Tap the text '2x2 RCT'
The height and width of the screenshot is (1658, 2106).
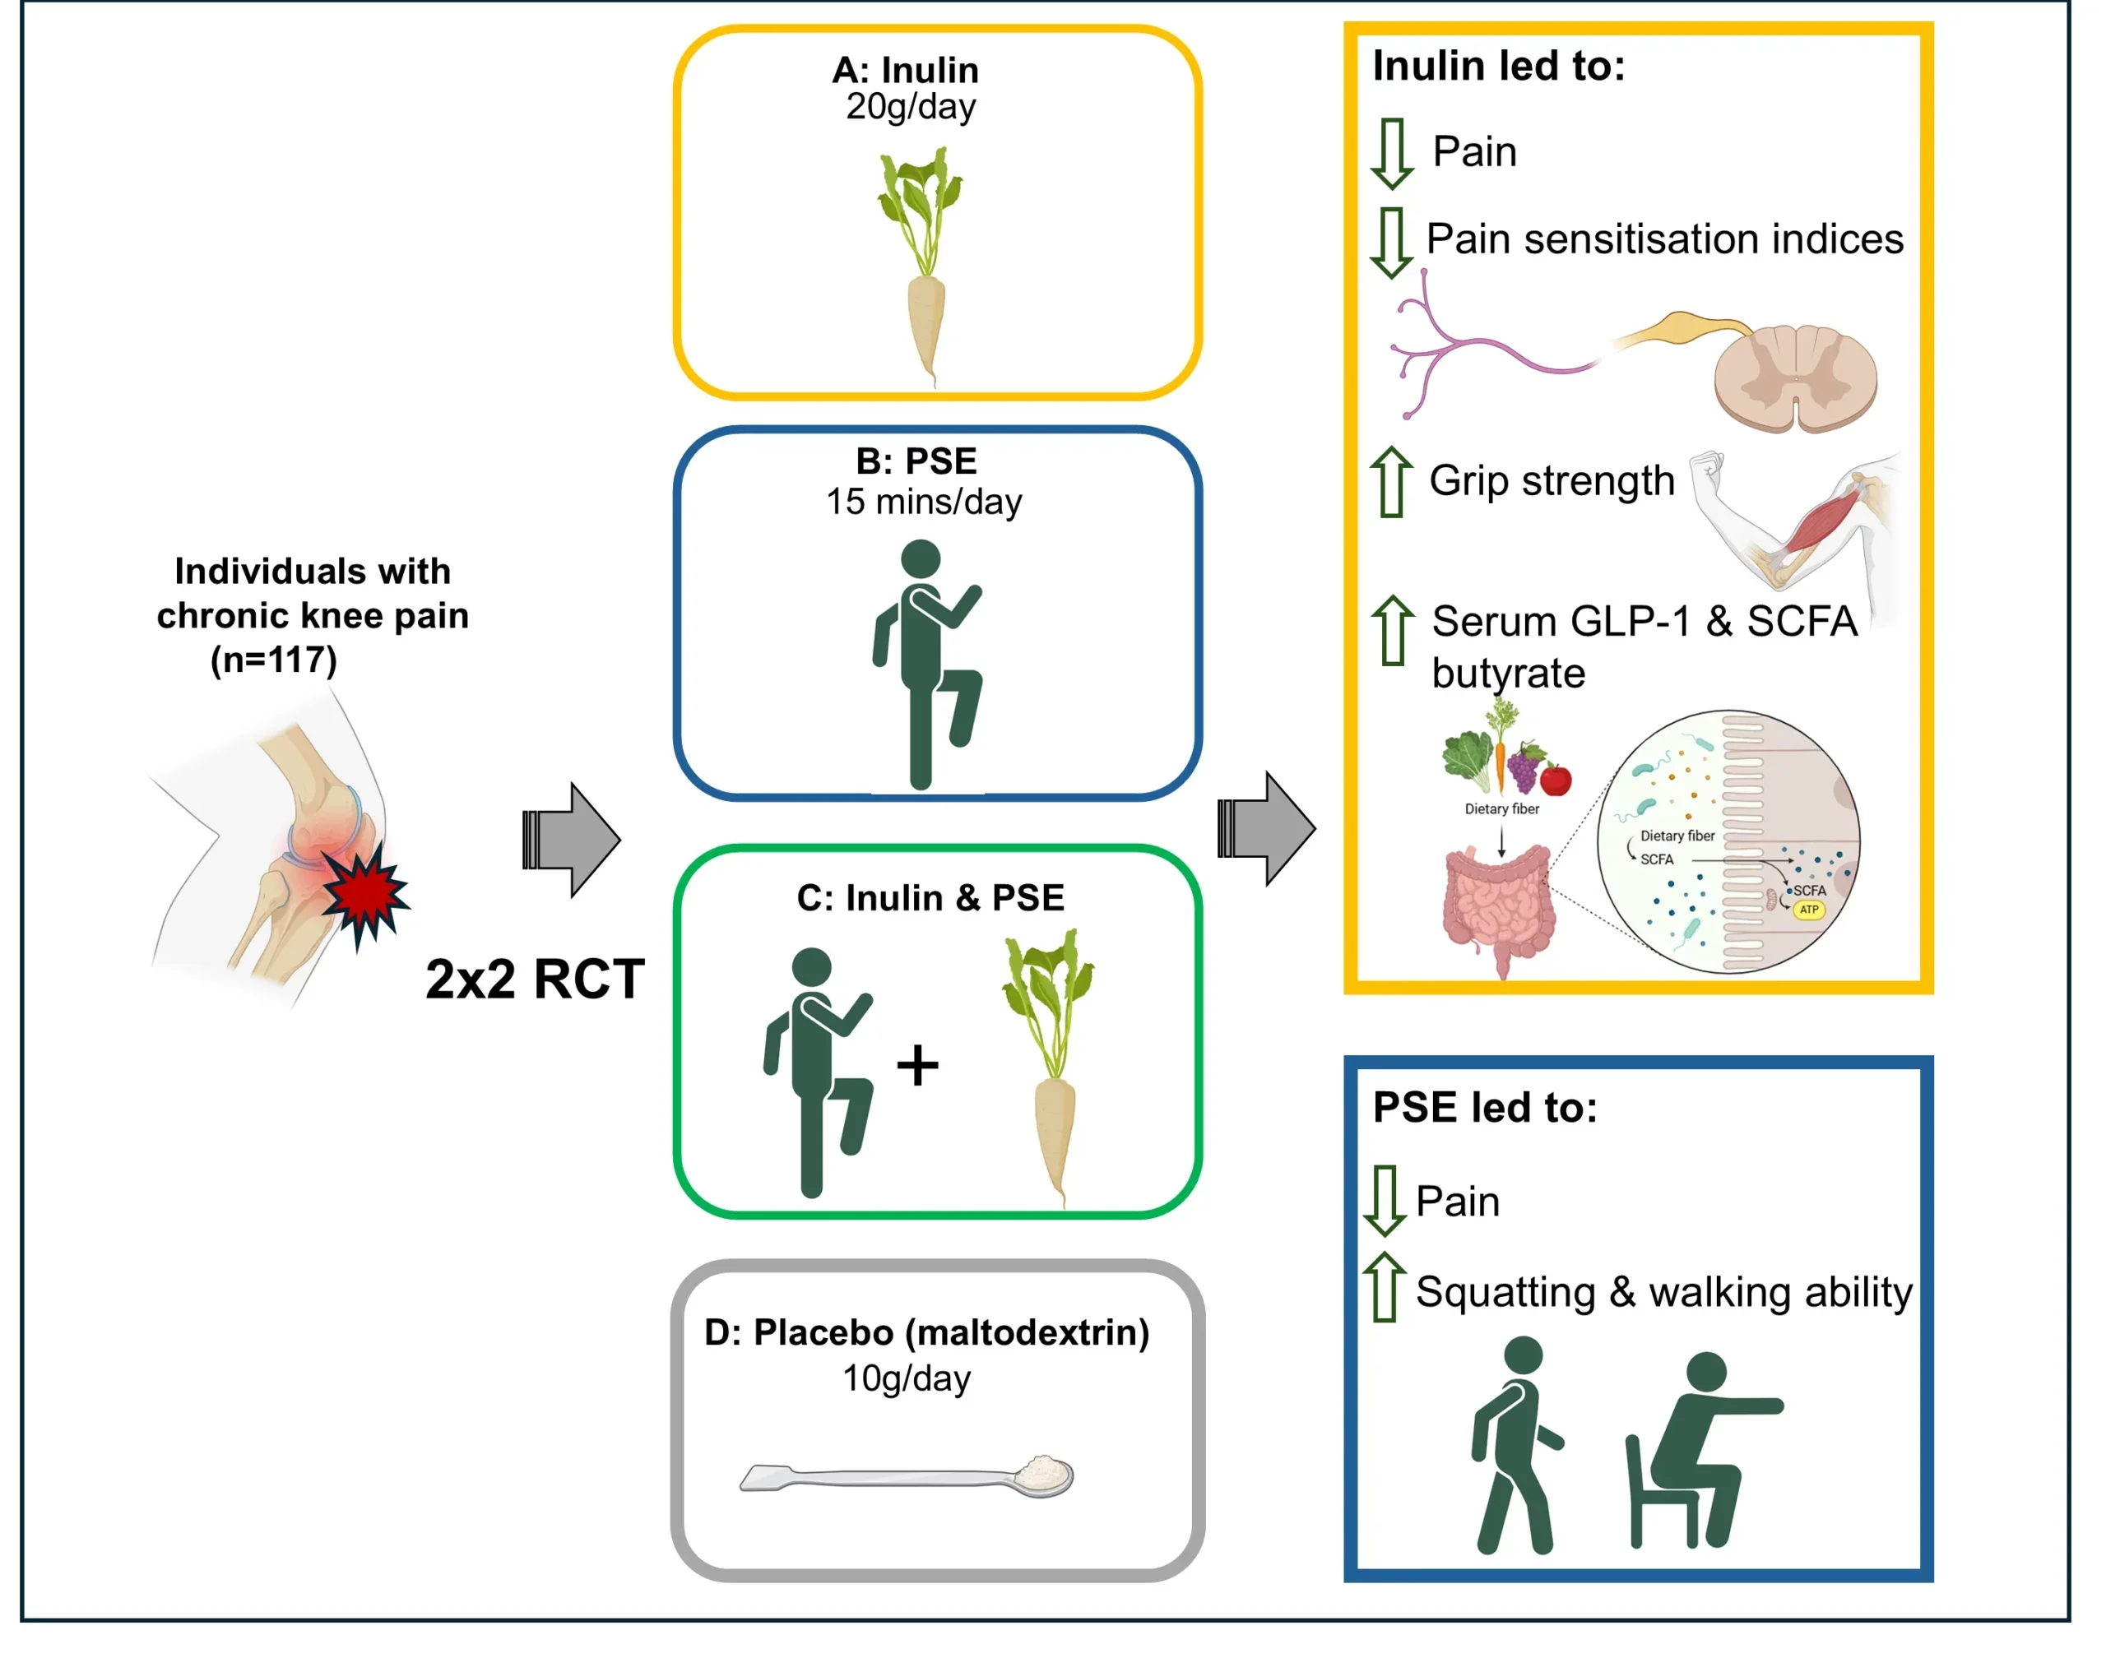tap(535, 979)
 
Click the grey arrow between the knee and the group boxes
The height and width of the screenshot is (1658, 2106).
tap(573, 840)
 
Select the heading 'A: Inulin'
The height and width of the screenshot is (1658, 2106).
tap(905, 70)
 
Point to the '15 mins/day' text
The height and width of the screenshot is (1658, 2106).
tap(923, 502)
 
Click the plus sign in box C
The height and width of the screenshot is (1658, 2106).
tap(917, 1066)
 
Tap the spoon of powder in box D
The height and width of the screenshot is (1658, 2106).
tap(908, 1476)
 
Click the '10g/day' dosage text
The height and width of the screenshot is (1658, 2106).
tap(906, 1378)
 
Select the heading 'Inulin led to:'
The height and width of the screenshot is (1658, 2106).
tap(1498, 66)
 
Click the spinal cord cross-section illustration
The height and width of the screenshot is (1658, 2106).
tap(1794, 377)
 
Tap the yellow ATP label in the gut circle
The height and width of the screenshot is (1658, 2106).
tap(1809, 910)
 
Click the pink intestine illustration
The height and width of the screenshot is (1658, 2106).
tap(1498, 905)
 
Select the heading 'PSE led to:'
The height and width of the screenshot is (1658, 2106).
tap(1485, 1108)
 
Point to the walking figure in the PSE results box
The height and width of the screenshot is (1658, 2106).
tap(1515, 1443)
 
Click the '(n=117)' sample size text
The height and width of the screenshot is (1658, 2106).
tap(274, 660)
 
